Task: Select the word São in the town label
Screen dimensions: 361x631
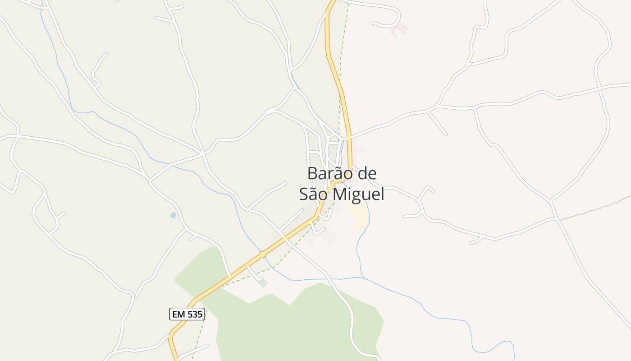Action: [x=314, y=194]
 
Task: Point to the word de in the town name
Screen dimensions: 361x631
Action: [x=366, y=173]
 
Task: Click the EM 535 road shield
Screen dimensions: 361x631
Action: [x=187, y=314]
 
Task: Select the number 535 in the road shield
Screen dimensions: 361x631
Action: [x=194, y=314]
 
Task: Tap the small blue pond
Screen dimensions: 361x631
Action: [x=173, y=215]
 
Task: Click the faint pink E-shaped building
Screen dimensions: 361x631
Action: [x=399, y=29]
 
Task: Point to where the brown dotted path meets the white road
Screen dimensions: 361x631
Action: [x=559, y=219]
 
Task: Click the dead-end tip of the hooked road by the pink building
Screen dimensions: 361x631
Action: [x=372, y=23]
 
